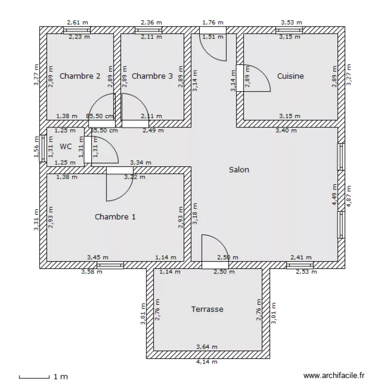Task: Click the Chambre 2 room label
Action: point(80,76)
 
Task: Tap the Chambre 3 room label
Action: point(152,76)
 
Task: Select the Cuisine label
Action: point(290,76)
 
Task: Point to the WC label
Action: point(66,146)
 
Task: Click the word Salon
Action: point(239,169)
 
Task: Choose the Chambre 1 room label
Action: point(115,217)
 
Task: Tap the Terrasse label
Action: point(207,309)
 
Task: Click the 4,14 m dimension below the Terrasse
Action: point(207,362)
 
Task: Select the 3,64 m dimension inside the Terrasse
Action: point(207,347)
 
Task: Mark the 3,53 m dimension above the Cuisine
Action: point(291,23)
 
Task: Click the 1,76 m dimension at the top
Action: point(212,23)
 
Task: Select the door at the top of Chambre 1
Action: point(119,184)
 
